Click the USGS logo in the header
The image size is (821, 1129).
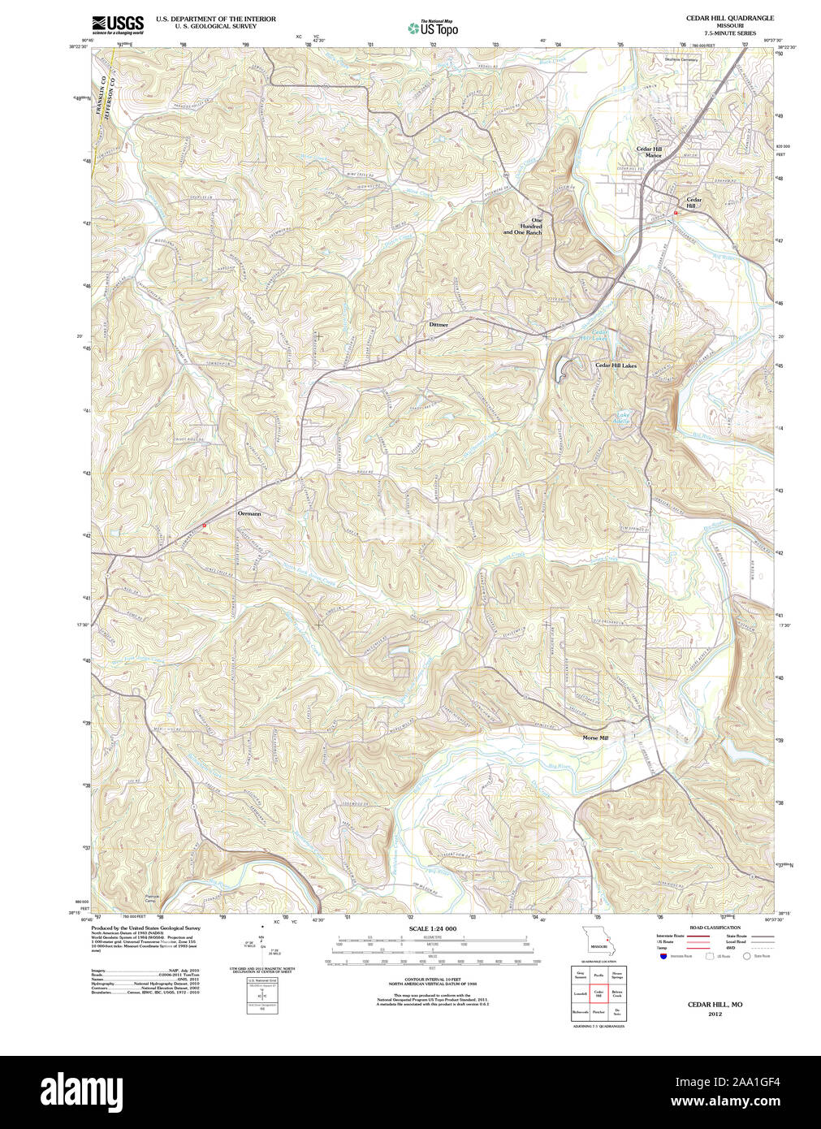coord(118,24)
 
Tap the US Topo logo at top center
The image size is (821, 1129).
coord(433,28)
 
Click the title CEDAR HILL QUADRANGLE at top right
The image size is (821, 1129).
coord(730,18)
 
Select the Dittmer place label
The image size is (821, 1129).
coord(439,325)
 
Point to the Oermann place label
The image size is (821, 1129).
coord(249,514)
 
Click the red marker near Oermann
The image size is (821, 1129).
coord(204,526)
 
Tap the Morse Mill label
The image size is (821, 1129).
coord(595,738)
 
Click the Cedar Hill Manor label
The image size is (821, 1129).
coord(649,152)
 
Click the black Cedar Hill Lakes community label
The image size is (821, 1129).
coord(616,366)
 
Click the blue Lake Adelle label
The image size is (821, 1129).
coord(620,418)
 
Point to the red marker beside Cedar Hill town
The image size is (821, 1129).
coord(674,212)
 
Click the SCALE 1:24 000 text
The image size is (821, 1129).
coord(432,928)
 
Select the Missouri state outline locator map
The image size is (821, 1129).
coord(599,943)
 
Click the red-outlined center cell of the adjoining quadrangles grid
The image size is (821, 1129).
coord(598,993)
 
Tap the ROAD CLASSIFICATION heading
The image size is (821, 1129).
coord(715,928)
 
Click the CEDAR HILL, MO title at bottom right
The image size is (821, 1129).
coord(715,1005)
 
